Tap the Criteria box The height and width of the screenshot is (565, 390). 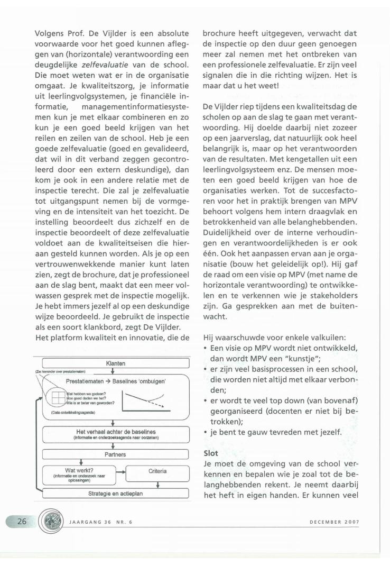tap(157, 471)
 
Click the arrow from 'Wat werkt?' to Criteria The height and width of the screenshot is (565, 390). tap(121, 471)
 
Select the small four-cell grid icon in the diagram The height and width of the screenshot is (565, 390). tap(56, 397)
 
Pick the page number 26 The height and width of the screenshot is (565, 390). tap(22, 521)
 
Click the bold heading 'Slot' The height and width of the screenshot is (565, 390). tap(211, 453)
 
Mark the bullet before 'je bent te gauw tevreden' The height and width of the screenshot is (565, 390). tap(206, 433)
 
